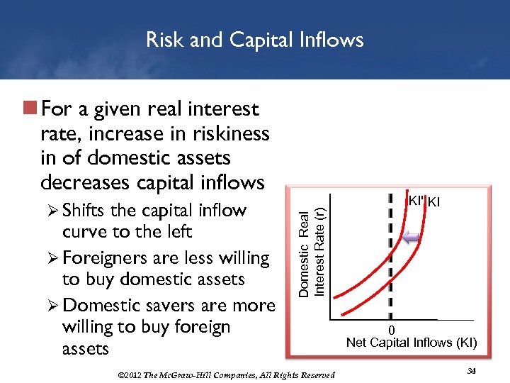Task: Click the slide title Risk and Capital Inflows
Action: point(254,40)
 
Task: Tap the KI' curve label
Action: point(416,201)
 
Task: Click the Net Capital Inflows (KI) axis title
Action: point(412,343)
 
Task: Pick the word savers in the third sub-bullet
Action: point(170,306)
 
